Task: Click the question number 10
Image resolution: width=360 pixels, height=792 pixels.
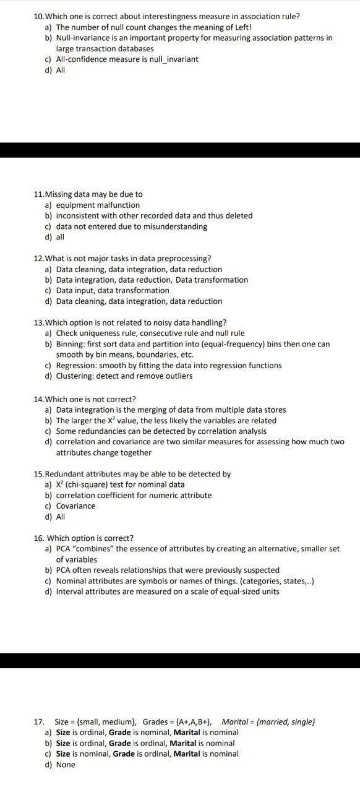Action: (x=38, y=16)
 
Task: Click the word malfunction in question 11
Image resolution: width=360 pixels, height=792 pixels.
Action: (x=118, y=205)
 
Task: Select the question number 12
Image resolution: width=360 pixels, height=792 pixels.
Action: (x=38, y=259)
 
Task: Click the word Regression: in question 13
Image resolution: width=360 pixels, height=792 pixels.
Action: (x=76, y=365)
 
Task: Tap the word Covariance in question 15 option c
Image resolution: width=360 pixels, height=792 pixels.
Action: (x=75, y=506)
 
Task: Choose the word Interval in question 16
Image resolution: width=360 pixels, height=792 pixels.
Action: (x=69, y=592)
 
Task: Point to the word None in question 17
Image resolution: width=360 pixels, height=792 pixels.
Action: (x=66, y=765)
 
